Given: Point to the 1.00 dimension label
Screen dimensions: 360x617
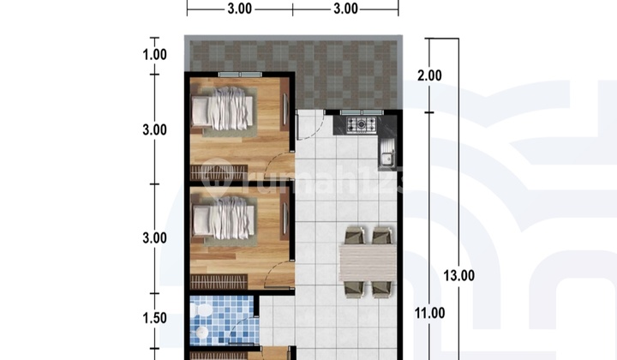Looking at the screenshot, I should click(x=155, y=54).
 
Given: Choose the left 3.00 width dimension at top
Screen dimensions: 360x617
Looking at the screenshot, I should click(x=239, y=9).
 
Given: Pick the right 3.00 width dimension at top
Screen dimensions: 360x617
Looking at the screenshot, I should click(x=345, y=9).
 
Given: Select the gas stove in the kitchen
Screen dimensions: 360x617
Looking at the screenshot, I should click(x=361, y=126).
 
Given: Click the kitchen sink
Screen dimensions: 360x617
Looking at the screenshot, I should click(x=386, y=157).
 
